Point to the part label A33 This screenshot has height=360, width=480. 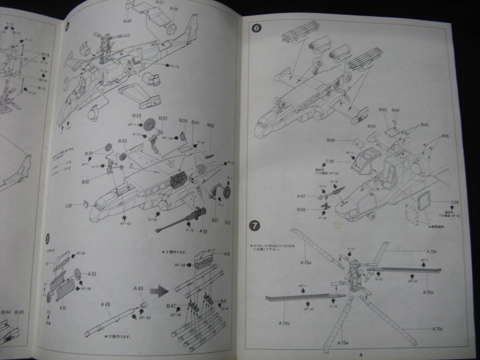point(203,231)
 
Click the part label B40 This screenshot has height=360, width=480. point(128,21)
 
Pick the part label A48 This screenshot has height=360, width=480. point(106,304)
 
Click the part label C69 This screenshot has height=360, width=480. point(455,202)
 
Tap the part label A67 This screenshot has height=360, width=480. point(302,196)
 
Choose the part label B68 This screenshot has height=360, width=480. point(330,140)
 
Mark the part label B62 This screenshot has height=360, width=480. point(122,141)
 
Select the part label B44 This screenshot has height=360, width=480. point(6,312)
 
